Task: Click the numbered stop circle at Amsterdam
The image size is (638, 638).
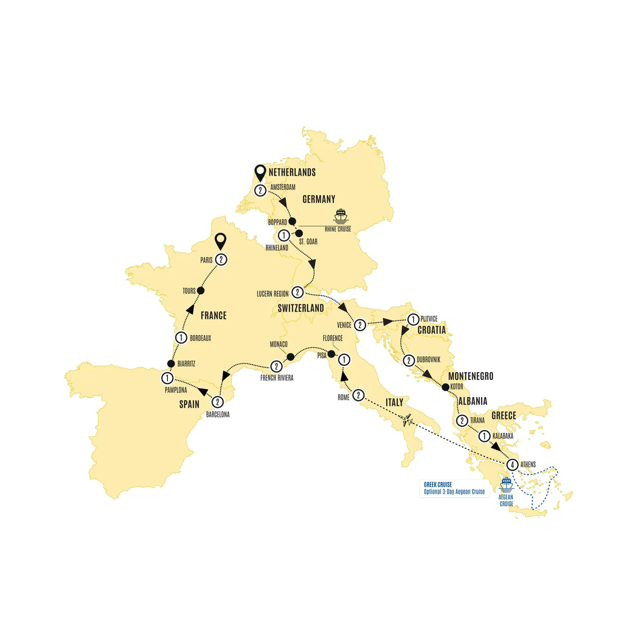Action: point(260,190)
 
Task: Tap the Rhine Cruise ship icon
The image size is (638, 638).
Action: point(341,216)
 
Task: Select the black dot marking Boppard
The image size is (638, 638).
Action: point(292,221)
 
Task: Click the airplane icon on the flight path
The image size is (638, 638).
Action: point(407,420)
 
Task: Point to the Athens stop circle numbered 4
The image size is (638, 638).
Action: point(512,465)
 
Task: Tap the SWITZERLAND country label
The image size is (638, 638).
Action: point(301,308)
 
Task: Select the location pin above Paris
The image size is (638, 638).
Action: point(221,241)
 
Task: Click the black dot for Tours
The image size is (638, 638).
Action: point(201,291)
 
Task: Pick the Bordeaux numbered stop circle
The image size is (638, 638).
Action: point(181,337)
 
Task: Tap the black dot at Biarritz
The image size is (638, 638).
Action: point(171,364)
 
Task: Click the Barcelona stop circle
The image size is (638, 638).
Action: point(218,402)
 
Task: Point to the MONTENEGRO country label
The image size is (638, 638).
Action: point(471,376)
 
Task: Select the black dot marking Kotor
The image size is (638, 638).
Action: point(445,387)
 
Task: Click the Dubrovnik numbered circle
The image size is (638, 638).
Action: point(409,360)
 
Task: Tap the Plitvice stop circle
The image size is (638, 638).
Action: point(413,319)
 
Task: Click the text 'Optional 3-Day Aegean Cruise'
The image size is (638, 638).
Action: point(454,492)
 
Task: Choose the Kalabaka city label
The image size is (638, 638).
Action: point(503,436)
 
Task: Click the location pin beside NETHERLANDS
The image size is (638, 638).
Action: point(260,173)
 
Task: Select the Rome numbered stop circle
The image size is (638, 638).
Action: point(358,395)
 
